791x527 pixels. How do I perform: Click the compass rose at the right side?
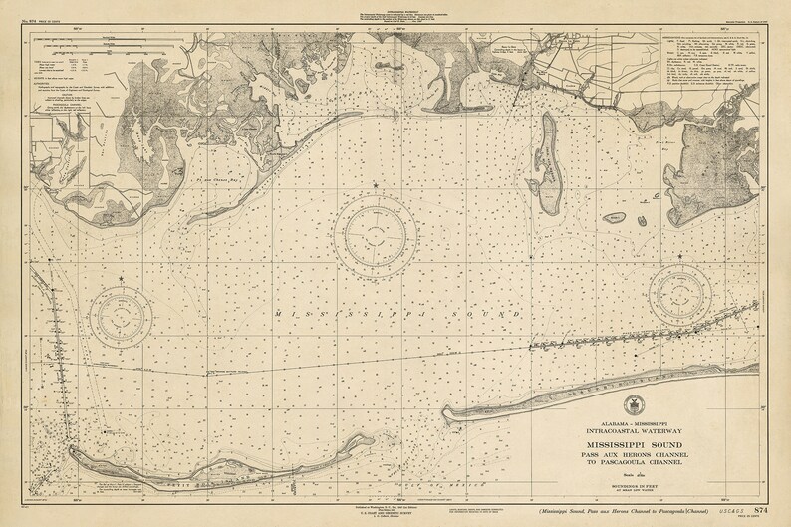(680, 295)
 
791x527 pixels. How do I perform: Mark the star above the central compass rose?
(375, 185)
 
